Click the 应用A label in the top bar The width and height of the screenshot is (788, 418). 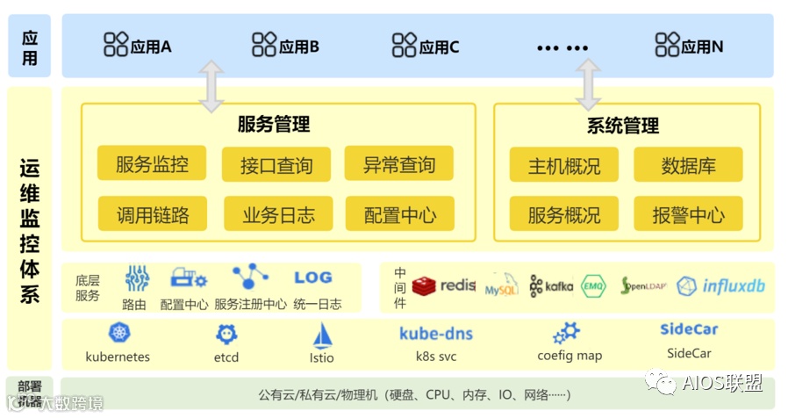150,47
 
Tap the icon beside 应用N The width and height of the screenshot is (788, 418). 667,45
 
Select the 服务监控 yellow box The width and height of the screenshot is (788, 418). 152,164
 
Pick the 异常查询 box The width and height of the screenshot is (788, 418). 399,165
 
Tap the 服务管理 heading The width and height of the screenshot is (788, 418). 274,125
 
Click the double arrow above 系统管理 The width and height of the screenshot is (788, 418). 587,84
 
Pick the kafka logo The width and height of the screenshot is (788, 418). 551,286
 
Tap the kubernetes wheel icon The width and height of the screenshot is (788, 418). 118,333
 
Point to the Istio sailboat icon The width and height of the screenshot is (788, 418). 322,335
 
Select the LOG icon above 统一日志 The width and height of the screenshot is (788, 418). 312,278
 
